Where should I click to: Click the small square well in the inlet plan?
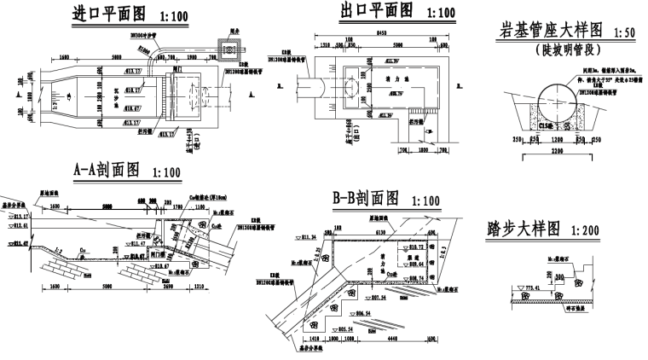tap(226, 51)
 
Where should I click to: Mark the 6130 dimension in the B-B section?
tap(380, 230)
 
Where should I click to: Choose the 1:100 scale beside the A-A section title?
tap(166, 171)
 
